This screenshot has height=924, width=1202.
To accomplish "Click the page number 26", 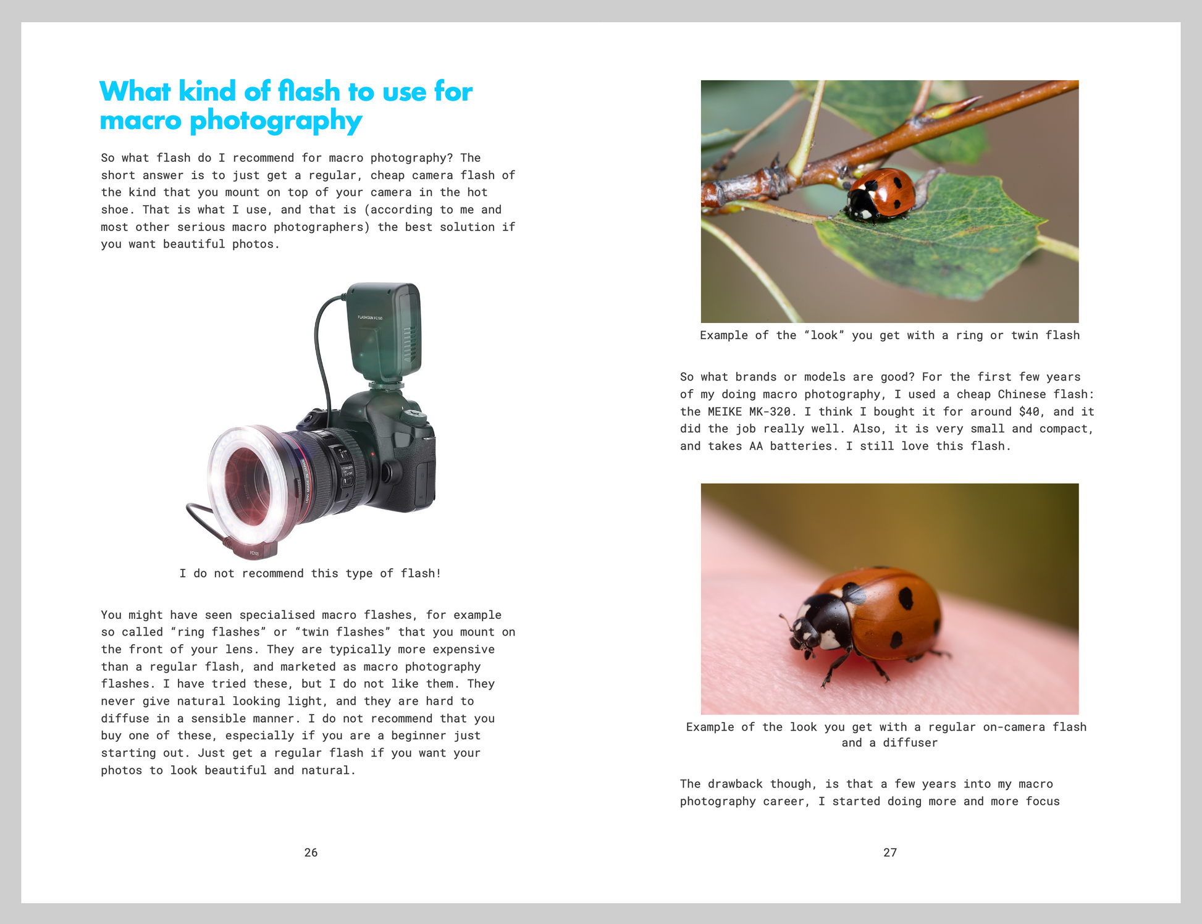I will click(x=311, y=852).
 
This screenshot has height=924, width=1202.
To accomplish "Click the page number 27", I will click(x=889, y=852).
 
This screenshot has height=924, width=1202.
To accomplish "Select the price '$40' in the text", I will click(x=1029, y=411).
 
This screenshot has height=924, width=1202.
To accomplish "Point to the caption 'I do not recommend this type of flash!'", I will click(x=310, y=573).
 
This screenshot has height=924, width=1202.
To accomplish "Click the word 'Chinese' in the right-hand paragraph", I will click(x=1022, y=394).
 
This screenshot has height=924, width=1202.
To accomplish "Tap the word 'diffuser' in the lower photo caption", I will click(x=910, y=742).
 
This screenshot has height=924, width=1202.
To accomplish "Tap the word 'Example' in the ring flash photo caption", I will click(x=724, y=335).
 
